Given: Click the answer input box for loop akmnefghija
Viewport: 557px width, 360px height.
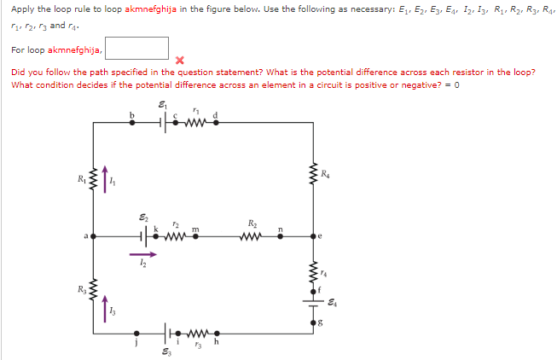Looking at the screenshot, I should click(137, 49).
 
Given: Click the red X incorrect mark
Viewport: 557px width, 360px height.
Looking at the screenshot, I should click(179, 61).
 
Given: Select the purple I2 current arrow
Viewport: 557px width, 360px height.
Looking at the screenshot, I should click(142, 253).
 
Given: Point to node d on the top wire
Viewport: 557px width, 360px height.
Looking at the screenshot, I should click(216, 121).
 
